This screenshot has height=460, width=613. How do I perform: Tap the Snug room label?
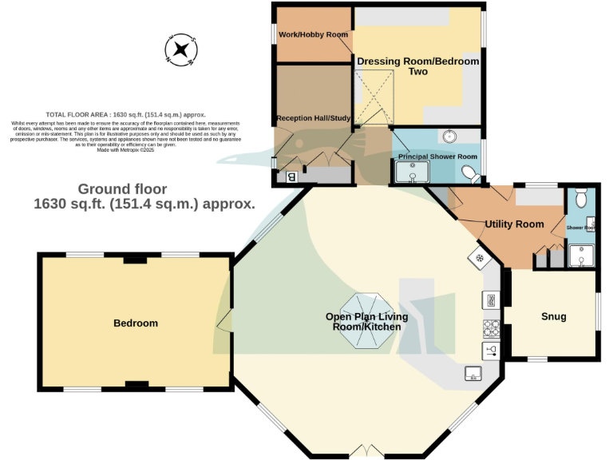[x=553, y=316]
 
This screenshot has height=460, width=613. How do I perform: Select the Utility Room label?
[x=514, y=224]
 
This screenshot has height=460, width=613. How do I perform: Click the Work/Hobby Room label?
[x=313, y=34]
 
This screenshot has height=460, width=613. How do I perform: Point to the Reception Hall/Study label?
[x=313, y=118]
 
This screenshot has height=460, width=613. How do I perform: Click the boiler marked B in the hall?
[x=291, y=176]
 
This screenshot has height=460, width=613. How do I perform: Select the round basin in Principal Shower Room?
[x=449, y=137]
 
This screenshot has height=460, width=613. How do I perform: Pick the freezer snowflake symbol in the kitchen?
[x=480, y=257]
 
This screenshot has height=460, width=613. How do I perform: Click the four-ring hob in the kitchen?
[x=491, y=327]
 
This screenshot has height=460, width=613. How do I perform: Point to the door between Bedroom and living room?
[x=227, y=321]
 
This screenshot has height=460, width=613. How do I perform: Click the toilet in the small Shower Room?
[x=581, y=196]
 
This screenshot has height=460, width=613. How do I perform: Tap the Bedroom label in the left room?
[x=136, y=323]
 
